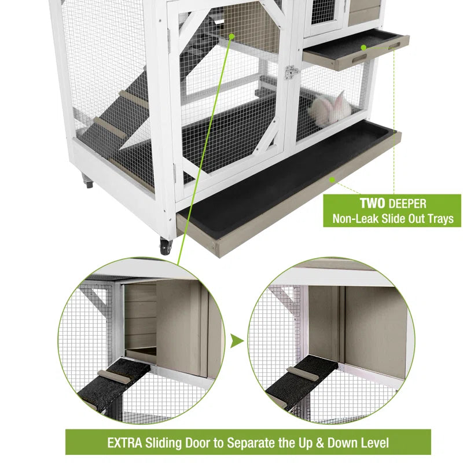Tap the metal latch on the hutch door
(x=292, y=72)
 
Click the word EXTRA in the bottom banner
(x=126, y=443)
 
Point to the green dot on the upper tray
(x=364, y=47)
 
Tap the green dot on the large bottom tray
(x=332, y=180)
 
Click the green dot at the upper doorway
(x=231, y=36)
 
